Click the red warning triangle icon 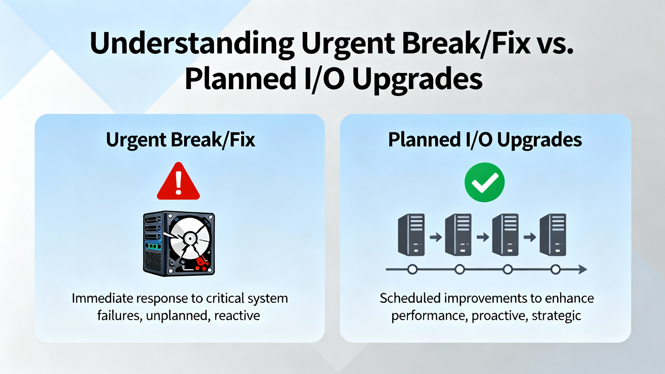pos(178,181)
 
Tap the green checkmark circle pos(484,182)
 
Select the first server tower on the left pos(411,235)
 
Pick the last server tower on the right pos(553,235)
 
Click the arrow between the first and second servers pos(436,237)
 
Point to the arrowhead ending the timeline pos(583,270)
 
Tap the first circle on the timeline pos(412,270)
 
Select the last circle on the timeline pos(556,270)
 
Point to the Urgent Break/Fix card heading pos(181,140)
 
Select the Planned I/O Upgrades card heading pos(485,140)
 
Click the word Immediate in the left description pos(102,298)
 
